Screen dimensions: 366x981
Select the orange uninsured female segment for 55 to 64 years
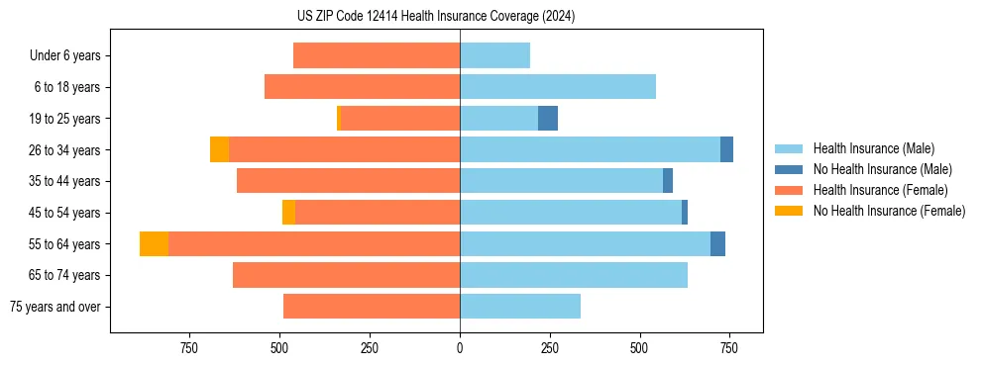154,243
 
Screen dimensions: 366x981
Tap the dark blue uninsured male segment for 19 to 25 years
548,119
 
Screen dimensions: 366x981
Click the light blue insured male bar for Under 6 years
494,56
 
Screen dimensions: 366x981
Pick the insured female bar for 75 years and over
372,307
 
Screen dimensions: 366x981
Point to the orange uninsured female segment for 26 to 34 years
219,149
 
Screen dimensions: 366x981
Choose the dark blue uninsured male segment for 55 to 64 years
717,243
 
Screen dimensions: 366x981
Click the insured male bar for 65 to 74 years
574,275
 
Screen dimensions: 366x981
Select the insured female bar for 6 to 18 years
362,87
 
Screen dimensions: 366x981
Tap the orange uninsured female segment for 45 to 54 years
288,213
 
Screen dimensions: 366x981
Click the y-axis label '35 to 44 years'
65,181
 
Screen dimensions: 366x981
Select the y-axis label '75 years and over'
55,307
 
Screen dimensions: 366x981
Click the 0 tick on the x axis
460,348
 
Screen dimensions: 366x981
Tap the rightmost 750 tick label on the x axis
729,348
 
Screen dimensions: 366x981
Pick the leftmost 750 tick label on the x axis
189,348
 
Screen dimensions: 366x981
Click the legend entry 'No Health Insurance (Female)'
889,211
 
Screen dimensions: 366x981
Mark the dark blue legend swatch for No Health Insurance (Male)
789,169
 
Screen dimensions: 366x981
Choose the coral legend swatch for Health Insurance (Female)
789,190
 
